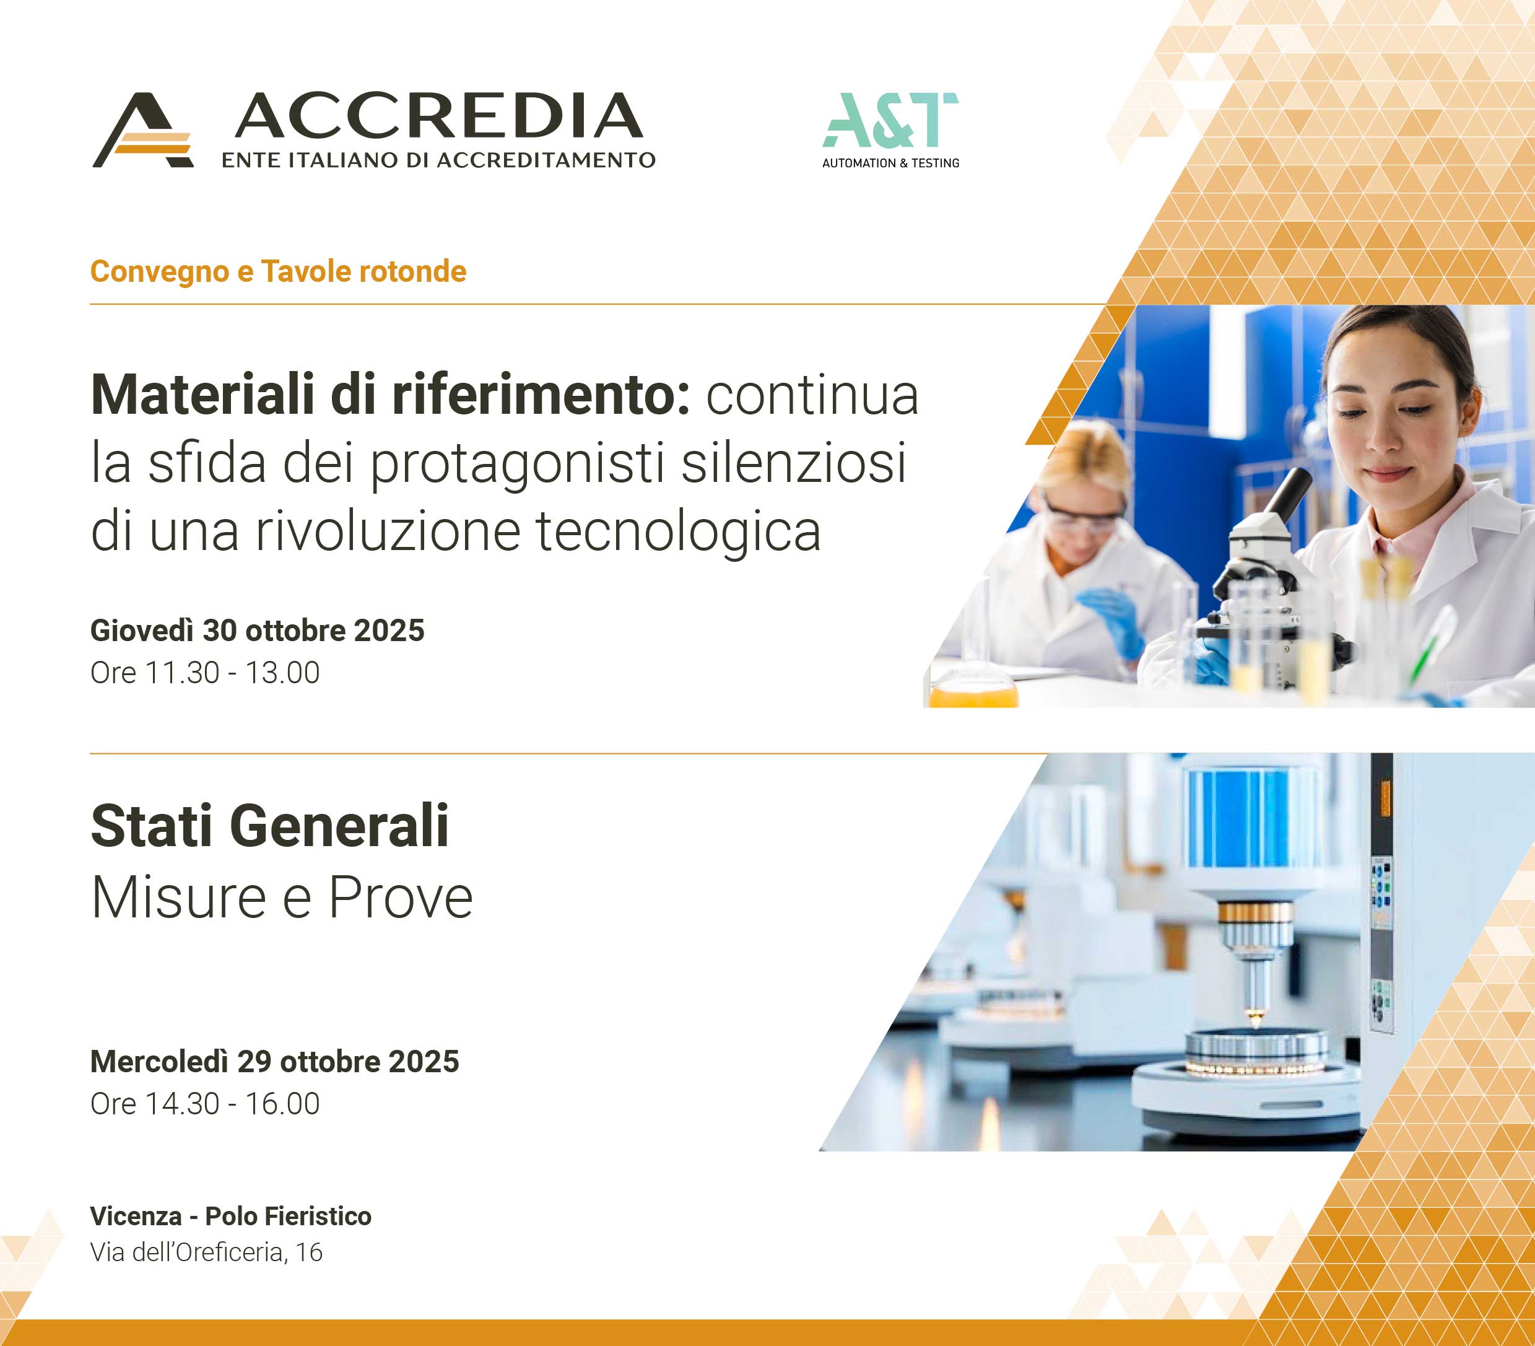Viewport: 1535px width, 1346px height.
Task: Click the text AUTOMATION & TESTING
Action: tap(890, 163)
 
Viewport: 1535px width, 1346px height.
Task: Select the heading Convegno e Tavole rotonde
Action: tap(278, 272)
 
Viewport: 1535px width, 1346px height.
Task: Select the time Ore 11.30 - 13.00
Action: tap(205, 673)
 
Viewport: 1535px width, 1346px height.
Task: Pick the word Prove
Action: tap(401, 898)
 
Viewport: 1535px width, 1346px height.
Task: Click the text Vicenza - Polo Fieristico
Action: tap(230, 1216)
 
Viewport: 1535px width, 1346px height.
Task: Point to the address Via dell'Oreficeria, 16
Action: tap(207, 1252)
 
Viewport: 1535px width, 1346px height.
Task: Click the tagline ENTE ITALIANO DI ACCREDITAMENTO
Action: tap(438, 160)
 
